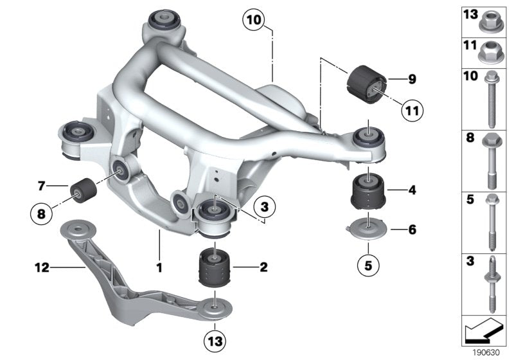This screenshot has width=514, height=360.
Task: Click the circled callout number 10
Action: click(x=254, y=20)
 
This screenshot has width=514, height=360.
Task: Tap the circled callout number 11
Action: click(x=412, y=111)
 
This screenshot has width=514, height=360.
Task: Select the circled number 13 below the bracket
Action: click(x=215, y=341)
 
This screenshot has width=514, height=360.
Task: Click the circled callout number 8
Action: click(x=41, y=214)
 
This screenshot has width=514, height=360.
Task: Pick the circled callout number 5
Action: click(x=368, y=265)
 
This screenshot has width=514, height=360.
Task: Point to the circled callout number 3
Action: click(x=264, y=207)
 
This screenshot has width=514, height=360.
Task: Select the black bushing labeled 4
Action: click(x=368, y=192)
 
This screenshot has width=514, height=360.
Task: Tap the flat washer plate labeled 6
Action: click(x=367, y=228)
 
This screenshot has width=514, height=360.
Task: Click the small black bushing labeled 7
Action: click(x=84, y=190)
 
